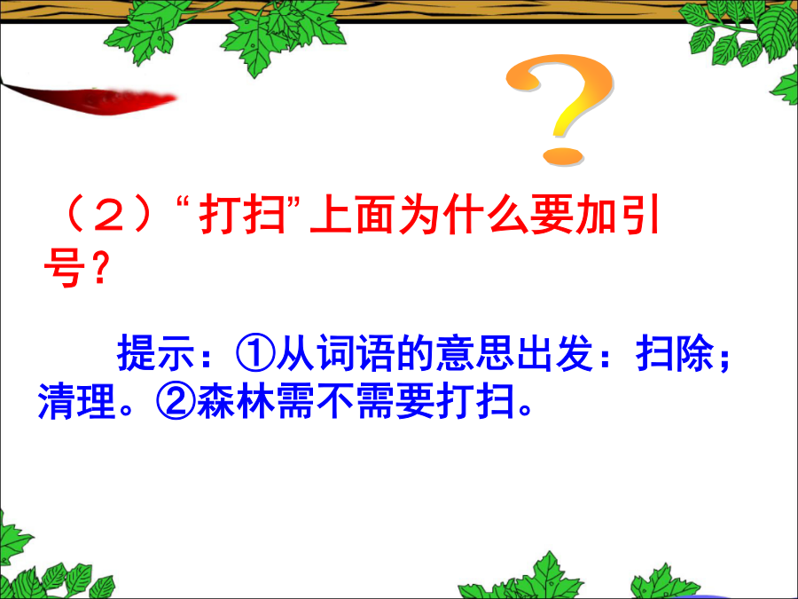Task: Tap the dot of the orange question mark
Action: [563, 156]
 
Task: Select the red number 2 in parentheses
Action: [110, 215]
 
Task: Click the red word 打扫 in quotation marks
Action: [243, 215]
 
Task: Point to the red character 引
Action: [638, 215]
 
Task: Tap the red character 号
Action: [64, 269]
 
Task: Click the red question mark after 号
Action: [100, 269]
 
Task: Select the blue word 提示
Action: [156, 352]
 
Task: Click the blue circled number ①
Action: [255, 352]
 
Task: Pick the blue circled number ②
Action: [176, 401]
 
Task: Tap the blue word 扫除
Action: [675, 352]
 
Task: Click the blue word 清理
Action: [77, 401]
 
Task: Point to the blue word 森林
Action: [236, 401]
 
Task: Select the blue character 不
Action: [335, 401]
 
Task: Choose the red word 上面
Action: [353, 215]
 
